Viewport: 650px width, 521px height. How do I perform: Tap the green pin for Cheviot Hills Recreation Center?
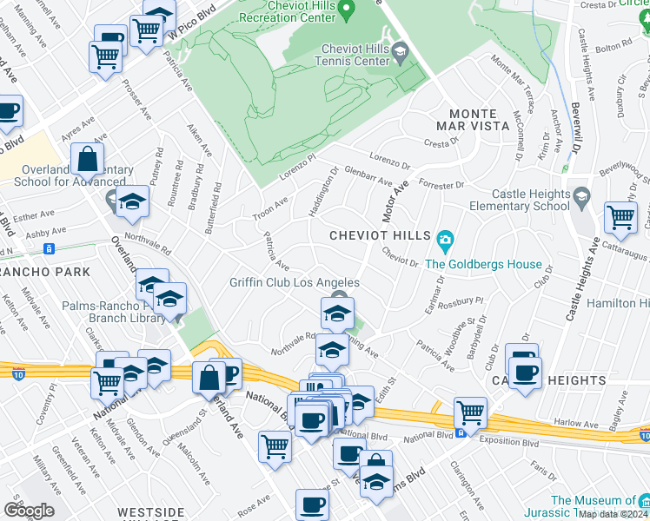pos(347,11)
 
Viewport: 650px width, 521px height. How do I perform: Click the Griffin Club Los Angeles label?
pos(294,282)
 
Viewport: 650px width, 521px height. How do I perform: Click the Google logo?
pos(29,511)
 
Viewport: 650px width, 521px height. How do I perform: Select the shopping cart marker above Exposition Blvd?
pos(470,411)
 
